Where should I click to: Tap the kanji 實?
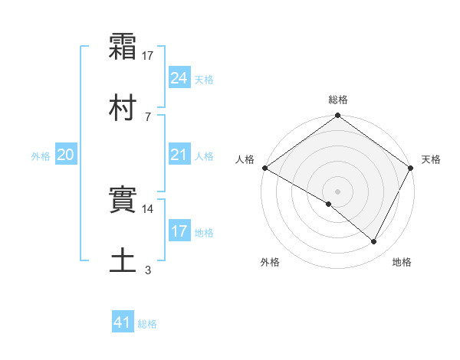(x=123, y=201)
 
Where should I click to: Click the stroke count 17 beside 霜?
(x=148, y=56)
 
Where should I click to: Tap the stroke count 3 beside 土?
(x=148, y=269)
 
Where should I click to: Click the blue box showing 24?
(x=179, y=77)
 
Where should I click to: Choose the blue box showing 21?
(x=179, y=155)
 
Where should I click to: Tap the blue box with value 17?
(x=179, y=231)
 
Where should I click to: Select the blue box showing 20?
(x=66, y=155)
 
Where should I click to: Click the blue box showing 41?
(x=123, y=322)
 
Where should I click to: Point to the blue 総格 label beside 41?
(x=147, y=324)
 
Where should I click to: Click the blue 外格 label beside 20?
(x=41, y=156)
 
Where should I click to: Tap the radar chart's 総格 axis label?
(x=337, y=100)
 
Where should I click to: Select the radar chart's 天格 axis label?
(x=431, y=159)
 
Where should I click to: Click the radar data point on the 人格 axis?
(x=264, y=167)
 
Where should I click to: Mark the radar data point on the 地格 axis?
(x=374, y=242)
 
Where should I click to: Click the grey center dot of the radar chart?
(x=337, y=191)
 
